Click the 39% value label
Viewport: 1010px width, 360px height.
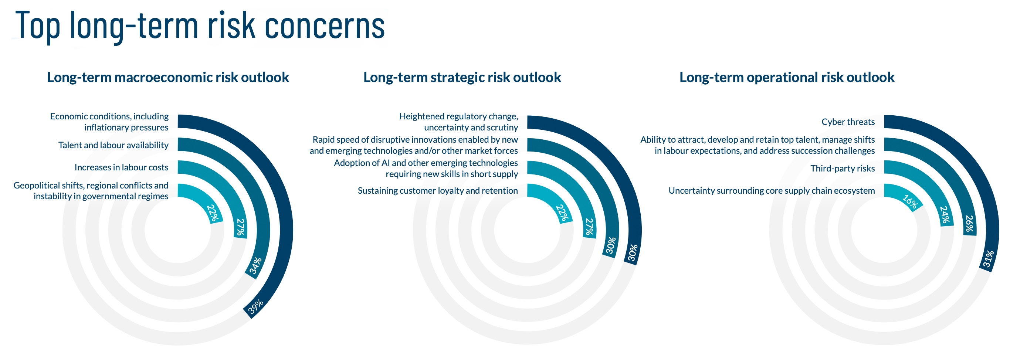click(x=255, y=306)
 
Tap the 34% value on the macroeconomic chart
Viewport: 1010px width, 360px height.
click(x=255, y=266)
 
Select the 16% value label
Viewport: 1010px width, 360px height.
click(x=909, y=202)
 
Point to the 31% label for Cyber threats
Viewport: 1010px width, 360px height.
click(x=989, y=259)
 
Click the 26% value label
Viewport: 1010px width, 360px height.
click(x=969, y=224)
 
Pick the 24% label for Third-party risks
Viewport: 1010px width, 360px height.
click(x=946, y=215)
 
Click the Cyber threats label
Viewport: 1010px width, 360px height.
click(x=848, y=122)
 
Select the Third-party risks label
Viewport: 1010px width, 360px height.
click(x=842, y=169)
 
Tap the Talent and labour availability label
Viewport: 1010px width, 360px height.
click(x=113, y=145)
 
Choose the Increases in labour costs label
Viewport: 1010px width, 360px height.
click(x=121, y=167)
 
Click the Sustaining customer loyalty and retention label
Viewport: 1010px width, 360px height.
click(x=438, y=191)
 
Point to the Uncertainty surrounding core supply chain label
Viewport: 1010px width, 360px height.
click(x=771, y=191)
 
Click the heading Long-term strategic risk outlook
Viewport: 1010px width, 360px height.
click(x=462, y=77)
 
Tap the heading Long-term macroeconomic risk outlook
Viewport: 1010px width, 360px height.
click(x=168, y=77)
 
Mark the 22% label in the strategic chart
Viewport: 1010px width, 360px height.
click(x=562, y=213)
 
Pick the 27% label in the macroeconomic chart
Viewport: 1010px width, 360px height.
click(x=240, y=227)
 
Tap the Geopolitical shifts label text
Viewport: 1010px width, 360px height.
click(x=91, y=191)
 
